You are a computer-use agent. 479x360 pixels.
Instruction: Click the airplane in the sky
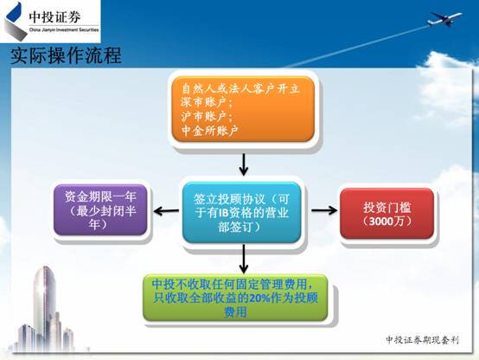pos(444,18)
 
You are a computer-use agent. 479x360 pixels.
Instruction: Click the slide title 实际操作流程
pos(67,55)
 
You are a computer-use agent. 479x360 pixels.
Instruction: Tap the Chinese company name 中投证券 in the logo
pos(54,17)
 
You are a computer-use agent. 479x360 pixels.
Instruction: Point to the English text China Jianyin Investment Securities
pos(64,29)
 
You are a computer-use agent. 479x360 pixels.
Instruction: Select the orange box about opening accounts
pos(243,109)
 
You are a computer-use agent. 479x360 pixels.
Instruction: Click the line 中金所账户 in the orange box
pos(209,131)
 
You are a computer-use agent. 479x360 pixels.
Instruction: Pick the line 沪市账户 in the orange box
pos(207,116)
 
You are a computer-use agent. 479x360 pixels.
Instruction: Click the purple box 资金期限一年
pos(100,209)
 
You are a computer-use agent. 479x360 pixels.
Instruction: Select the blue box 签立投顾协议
pos(241,213)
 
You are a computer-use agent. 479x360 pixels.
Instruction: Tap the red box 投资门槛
pos(387,214)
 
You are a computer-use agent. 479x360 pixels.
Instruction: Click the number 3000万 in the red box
pos(386,221)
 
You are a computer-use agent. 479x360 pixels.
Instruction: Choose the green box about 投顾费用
pos(235,298)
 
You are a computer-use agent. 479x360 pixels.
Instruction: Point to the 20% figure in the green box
pos(259,298)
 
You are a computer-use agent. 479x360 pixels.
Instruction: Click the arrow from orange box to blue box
pos(244,164)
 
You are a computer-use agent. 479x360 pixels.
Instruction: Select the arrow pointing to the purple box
pos(167,211)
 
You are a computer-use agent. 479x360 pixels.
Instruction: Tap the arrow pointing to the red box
pos(324,210)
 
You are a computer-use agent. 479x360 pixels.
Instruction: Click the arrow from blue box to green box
pos(244,259)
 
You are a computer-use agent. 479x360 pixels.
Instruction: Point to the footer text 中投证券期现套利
pos(423,340)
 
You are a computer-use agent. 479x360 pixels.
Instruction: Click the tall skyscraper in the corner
pos(45,303)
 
